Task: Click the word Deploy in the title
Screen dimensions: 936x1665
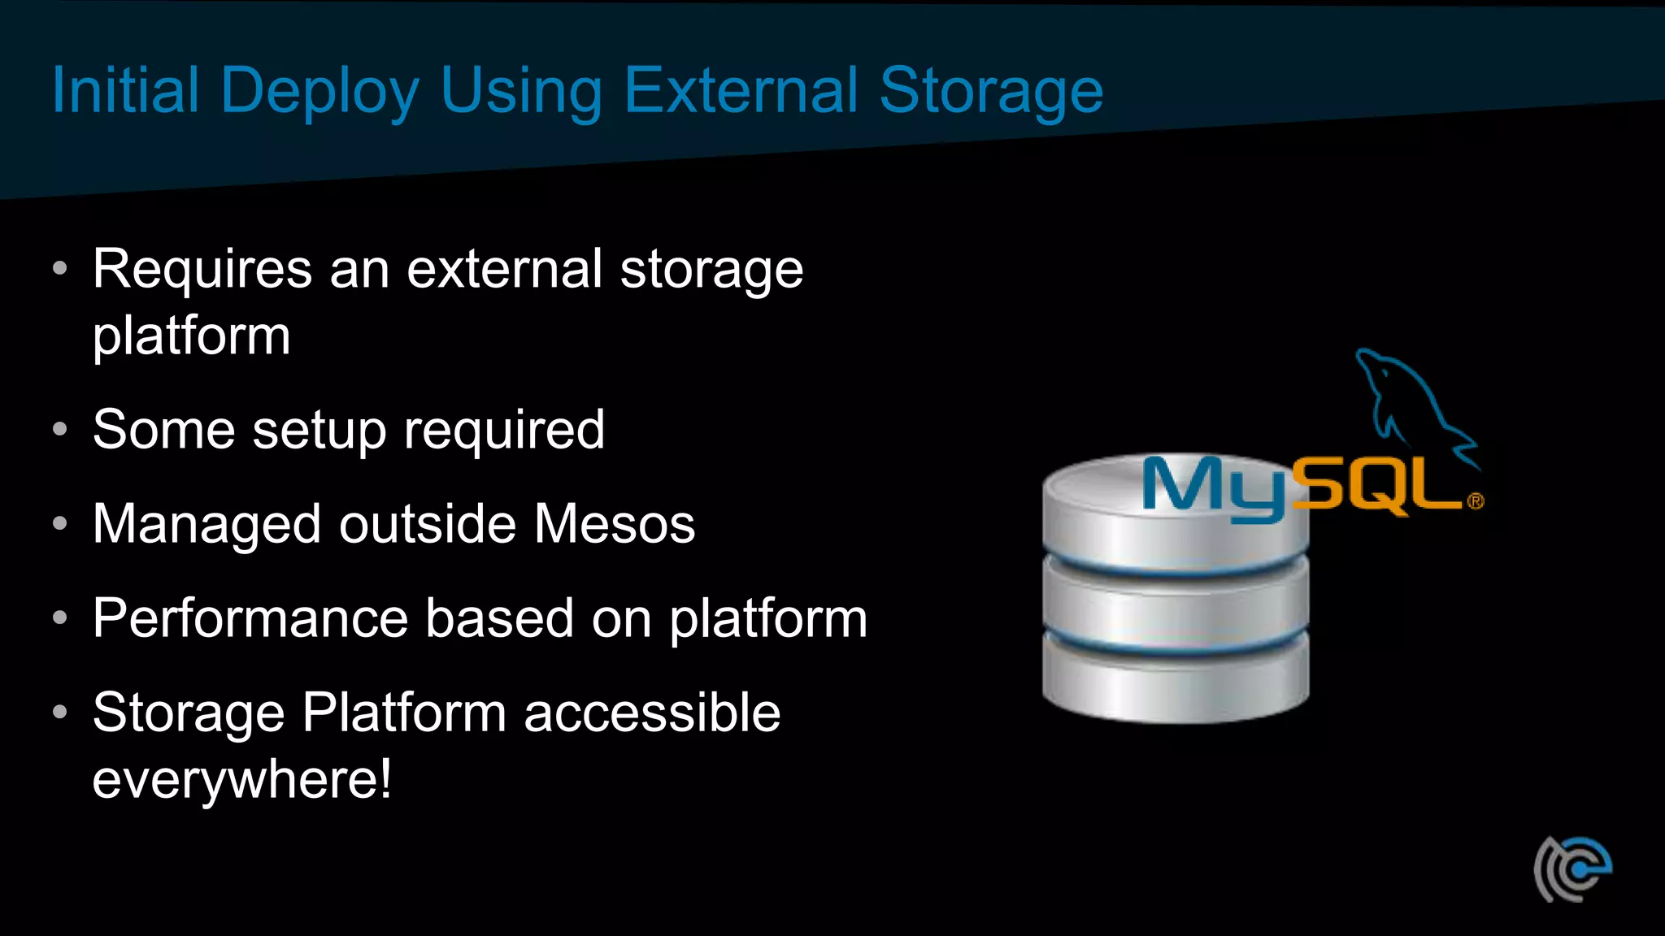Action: coord(320,91)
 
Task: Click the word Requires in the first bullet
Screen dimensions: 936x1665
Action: coord(202,270)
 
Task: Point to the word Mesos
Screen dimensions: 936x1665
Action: coord(615,524)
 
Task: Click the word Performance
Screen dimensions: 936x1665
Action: coord(250,618)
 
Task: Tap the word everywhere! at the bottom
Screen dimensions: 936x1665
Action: coord(242,779)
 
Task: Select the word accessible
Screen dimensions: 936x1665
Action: coord(652,713)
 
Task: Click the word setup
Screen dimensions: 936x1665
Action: coord(320,431)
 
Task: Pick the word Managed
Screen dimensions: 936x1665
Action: coord(206,524)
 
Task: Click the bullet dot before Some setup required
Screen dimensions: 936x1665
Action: coord(59,429)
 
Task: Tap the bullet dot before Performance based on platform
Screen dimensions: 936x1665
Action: coord(59,618)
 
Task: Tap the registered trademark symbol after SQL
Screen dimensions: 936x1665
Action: coord(1476,501)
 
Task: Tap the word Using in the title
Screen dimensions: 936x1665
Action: coord(521,91)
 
